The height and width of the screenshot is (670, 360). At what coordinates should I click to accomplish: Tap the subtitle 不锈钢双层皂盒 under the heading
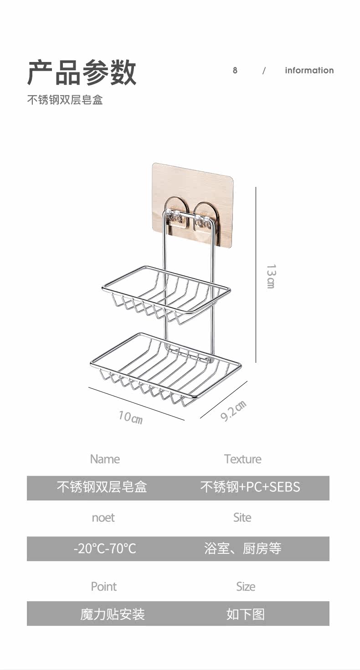pyautogui.click(x=65, y=100)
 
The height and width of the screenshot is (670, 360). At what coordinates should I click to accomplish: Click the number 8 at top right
pyautogui.click(x=235, y=70)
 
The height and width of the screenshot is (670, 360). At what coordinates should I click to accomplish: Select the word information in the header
pyautogui.click(x=309, y=70)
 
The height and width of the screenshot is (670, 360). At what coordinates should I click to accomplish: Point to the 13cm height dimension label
pyautogui.click(x=271, y=276)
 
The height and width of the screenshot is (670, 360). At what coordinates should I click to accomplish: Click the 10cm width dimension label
pyautogui.click(x=130, y=417)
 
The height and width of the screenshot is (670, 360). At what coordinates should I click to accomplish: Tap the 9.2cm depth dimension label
pyautogui.click(x=233, y=410)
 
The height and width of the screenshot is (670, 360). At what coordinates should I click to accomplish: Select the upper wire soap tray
pyautogui.click(x=165, y=292)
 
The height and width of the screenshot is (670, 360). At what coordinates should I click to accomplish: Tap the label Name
pyautogui.click(x=105, y=459)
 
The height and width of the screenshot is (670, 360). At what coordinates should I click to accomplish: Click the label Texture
pyautogui.click(x=242, y=459)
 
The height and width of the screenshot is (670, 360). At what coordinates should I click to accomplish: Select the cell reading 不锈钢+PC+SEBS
pyautogui.click(x=250, y=487)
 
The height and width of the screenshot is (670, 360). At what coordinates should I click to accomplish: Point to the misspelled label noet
pyautogui.click(x=103, y=518)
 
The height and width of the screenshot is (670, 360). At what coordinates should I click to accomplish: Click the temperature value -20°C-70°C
pyautogui.click(x=105, y=548)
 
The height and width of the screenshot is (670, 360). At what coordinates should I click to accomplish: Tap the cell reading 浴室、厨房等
pyautogui.click(x=242, y=548)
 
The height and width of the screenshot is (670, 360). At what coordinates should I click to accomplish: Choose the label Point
pyautogui.click(x=104, y=587)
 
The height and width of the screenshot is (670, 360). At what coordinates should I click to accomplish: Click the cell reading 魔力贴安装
pyautogui.click(x=113, y=614)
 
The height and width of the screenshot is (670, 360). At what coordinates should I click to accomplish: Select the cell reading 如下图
pyautogui.click(x=245, y=614)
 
